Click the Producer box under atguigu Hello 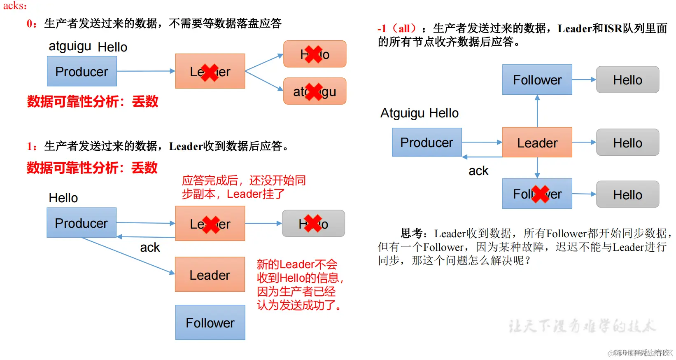82,71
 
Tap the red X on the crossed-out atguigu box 315,91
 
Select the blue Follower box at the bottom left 210,323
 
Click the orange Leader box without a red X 210,275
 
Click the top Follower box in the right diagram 537,79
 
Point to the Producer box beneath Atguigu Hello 427,143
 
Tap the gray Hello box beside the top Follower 627,79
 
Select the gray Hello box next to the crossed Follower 627,194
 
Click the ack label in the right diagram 478,171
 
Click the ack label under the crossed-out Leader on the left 150,248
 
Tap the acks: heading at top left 15,6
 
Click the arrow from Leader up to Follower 537,111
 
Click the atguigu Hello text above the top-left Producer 88,47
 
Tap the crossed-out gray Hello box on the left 313,224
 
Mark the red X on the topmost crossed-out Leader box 210,72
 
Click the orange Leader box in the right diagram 537,143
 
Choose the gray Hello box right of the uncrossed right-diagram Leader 627,143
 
